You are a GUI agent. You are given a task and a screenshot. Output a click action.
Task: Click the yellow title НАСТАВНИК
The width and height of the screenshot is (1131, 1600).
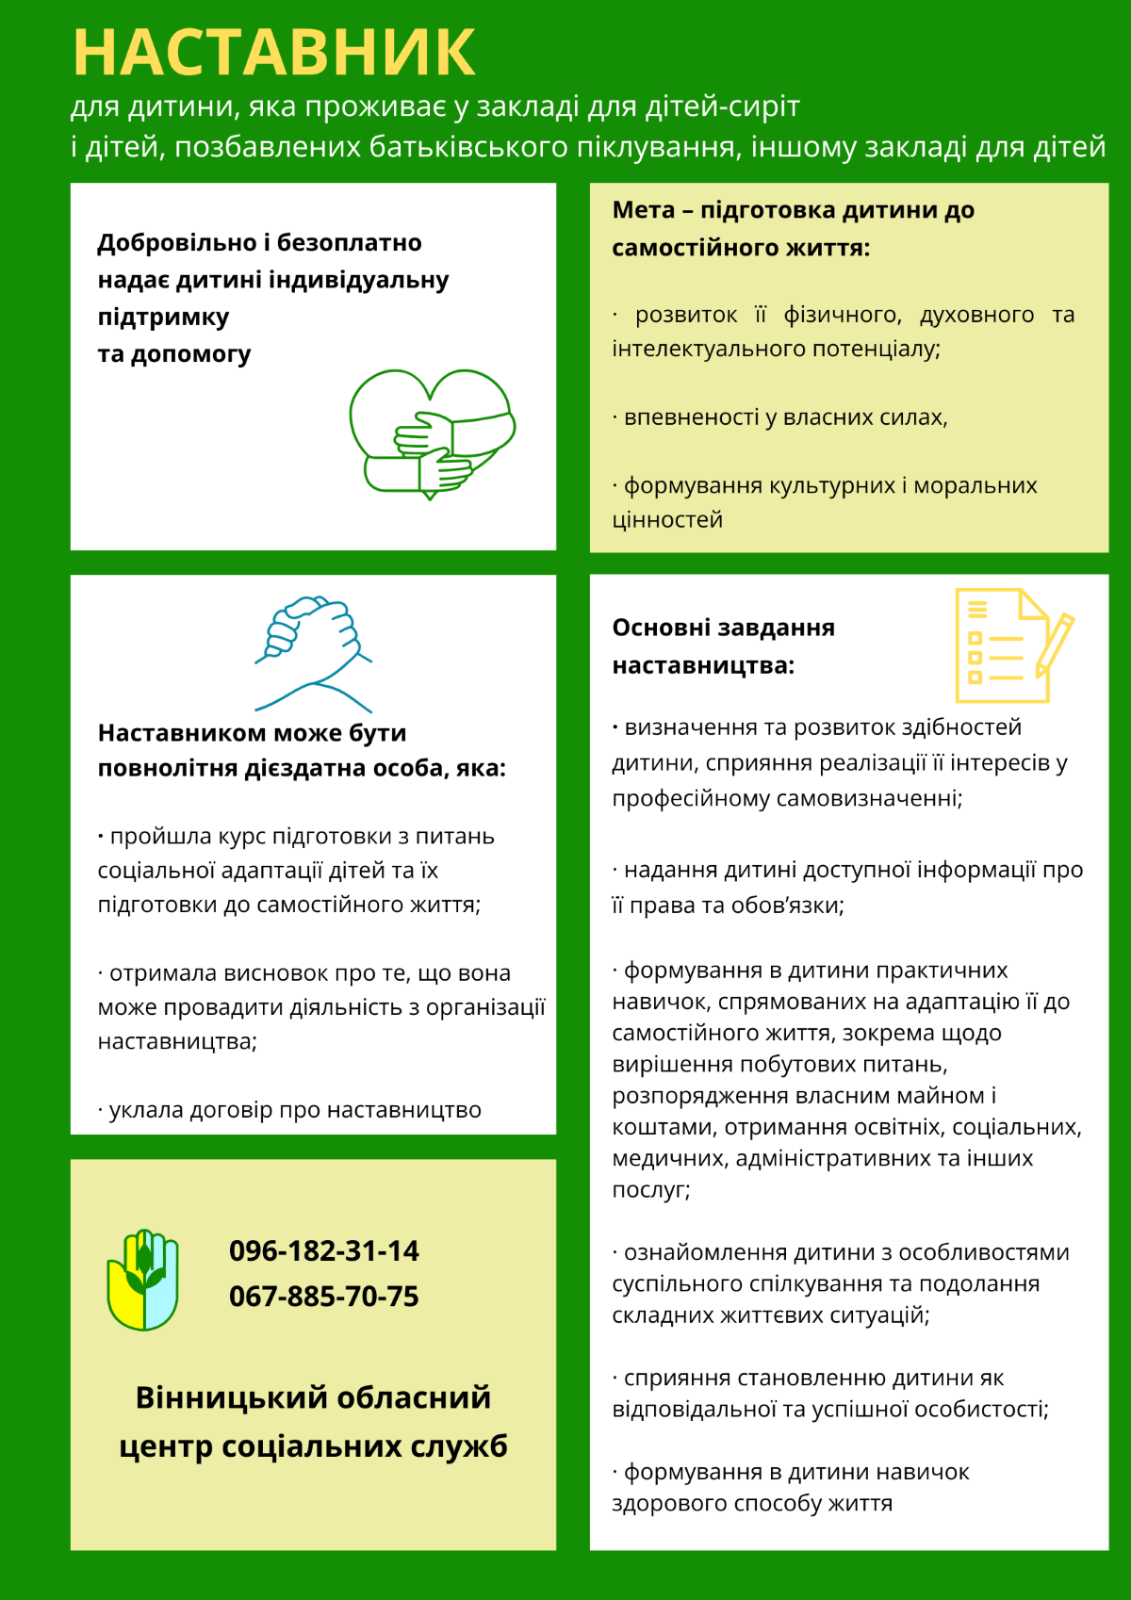(x=273, y=52)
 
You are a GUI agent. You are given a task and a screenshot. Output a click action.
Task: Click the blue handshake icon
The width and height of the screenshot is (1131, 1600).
(x=313, y=652)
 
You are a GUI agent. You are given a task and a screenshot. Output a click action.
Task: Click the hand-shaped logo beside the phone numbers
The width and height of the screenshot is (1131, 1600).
(x=142, y=1279)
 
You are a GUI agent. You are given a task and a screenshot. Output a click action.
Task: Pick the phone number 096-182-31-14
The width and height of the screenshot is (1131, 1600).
(x=323, y=1250)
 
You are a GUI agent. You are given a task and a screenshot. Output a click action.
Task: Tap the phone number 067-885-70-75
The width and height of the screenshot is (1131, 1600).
(x=323, y=1296)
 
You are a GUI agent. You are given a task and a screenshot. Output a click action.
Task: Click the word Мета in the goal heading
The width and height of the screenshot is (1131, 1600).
(x=643, y=209)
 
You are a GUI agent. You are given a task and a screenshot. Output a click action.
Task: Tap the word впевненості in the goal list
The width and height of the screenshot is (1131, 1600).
(x=691, y=416)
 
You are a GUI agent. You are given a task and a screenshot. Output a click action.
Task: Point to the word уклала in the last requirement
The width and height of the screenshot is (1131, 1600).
(x=145, y=1110)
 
